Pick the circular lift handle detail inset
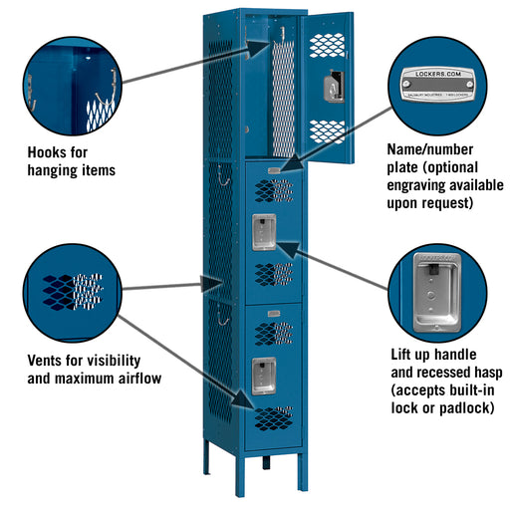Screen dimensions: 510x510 [x=434, y=293]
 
